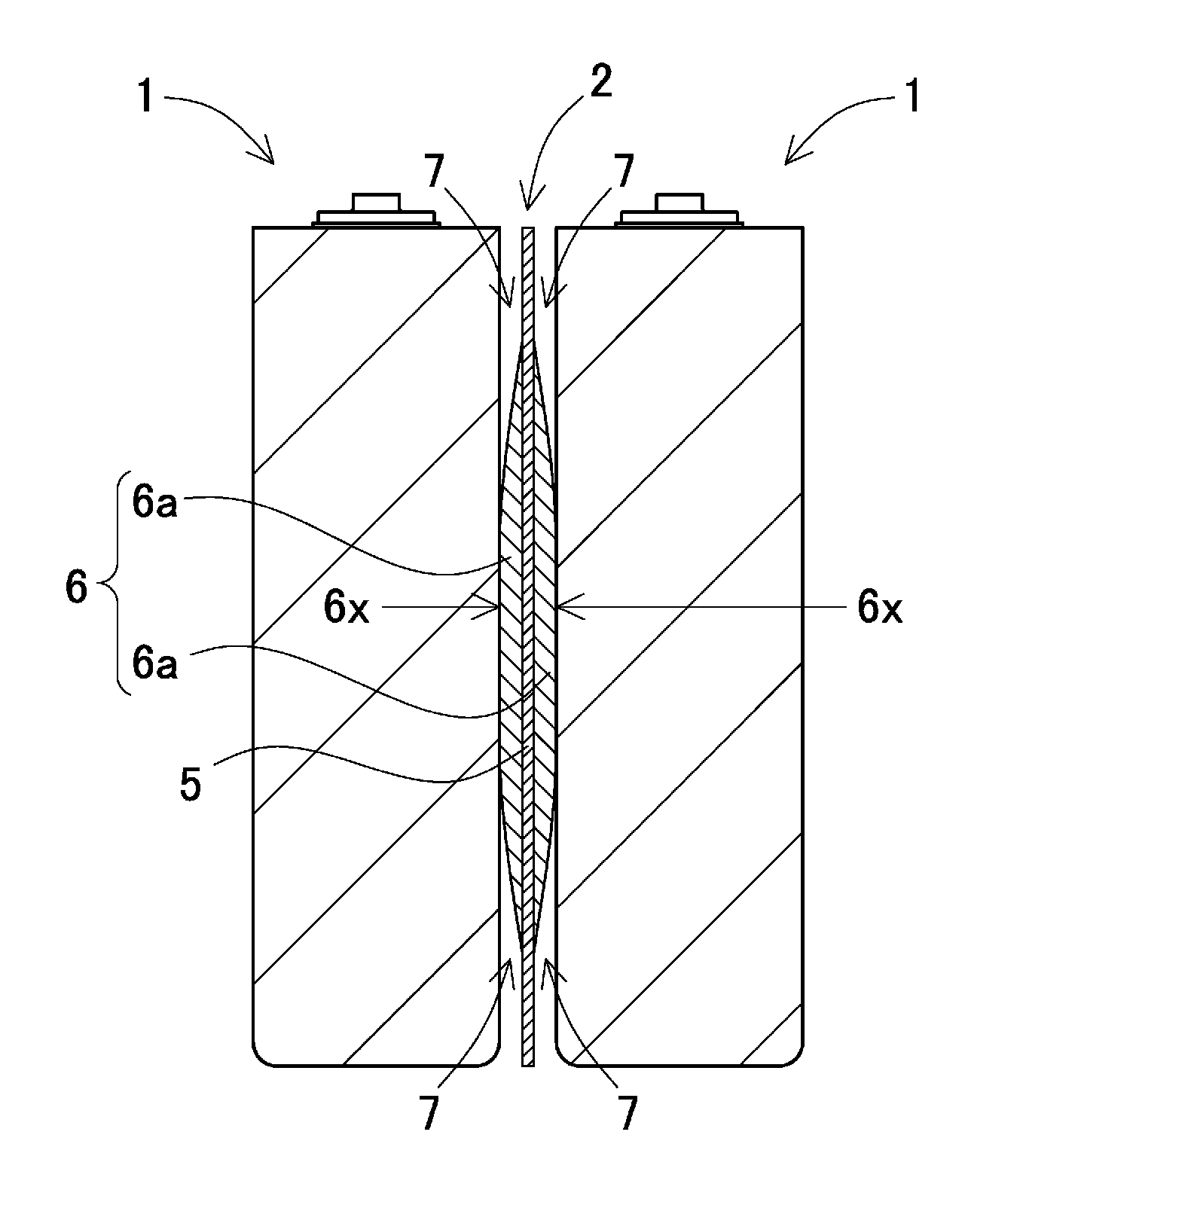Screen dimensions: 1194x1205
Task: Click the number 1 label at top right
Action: pyautogui.click(x=912, y=97)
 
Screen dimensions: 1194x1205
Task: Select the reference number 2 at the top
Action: pyautogui.click(x=600, y=82)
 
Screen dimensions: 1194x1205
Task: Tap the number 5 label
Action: pyautogui.click(x=190, y=786)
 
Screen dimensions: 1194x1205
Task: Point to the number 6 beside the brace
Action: pyautogui.click(x=77, y=587)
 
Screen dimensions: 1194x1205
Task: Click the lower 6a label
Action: pyautogui.click(x=155, y=663)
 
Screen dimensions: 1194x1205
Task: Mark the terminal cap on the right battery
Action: pyautogui.click(x=679, y=210)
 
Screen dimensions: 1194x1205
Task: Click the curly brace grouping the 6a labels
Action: pyautogui.click(x=111, y=587)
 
